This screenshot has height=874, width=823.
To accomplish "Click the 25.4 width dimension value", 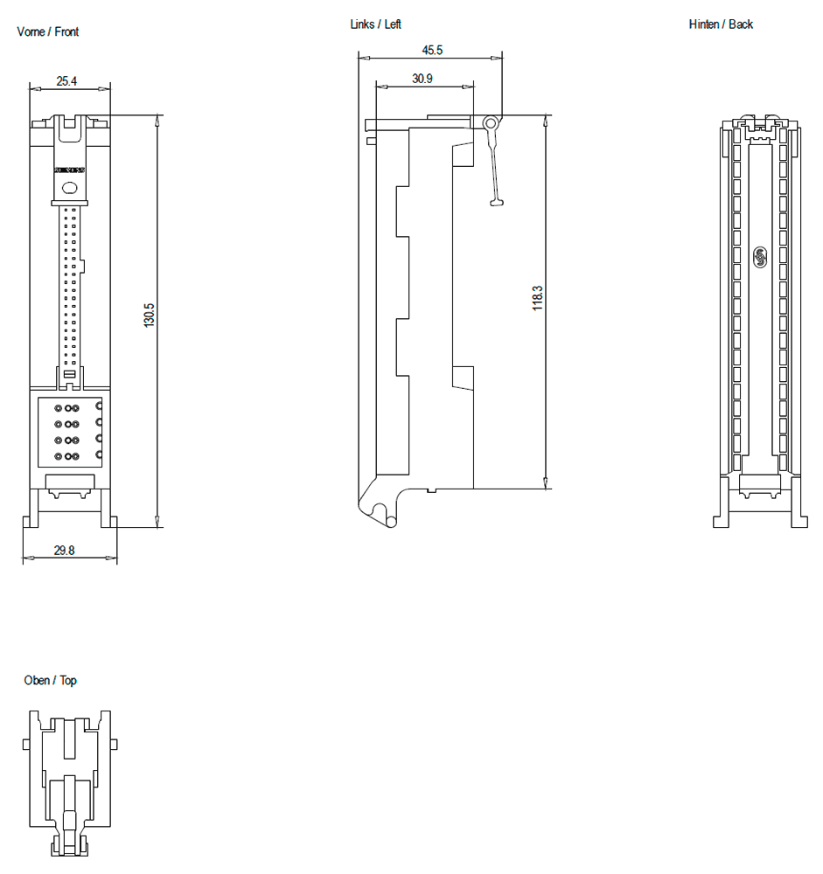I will pyautogui.click(x=66, y=81).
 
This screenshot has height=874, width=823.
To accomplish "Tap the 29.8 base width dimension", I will pyautogui.click(x=64, y=551).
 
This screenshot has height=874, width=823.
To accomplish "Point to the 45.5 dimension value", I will pyautogui.click(x=432, y=51).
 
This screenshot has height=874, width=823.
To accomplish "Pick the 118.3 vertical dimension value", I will pyautogui.click(x=538, y=297).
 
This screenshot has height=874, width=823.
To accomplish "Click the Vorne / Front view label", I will pyautogui.click(x=48, y=32).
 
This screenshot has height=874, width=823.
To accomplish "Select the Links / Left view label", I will pyautogui.click(x=376, y=24).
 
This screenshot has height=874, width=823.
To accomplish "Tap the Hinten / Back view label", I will pyautogui.click(x=721, y=24).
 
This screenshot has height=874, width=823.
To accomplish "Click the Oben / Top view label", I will pyautogui.click(x=51, y=680).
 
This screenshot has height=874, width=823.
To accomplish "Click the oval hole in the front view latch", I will pyautogui.click(x=71, y=185).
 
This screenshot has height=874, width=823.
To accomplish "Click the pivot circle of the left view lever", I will pyautogui.click(x=492, y=123).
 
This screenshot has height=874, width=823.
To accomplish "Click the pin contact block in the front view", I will pyautogui.click(x=70, y=432).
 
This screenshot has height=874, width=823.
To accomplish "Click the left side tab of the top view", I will pyautogui.click(x=26, y=744).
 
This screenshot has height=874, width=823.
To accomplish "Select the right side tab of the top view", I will pyautogui.click(x=115, y=744).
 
